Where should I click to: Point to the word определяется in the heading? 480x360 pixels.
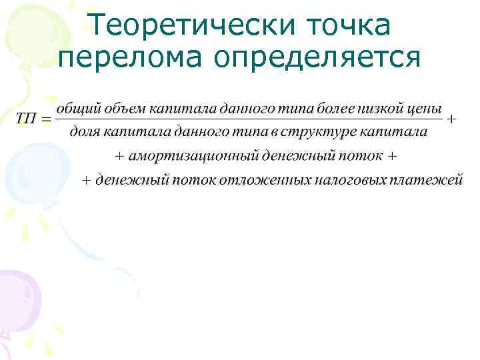(319, 59)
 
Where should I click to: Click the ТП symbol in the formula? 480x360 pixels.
(26, 119)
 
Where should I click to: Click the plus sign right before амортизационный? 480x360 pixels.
(120, 157)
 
